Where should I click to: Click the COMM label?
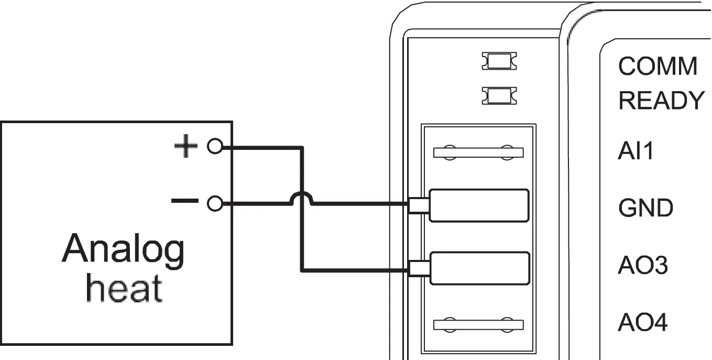click(x=658, y=67)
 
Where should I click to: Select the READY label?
click(x=661, y=101)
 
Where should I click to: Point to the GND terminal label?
click(x=645, y=209)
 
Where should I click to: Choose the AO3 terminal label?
click(x=643, y=266)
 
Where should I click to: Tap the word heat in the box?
click(x=124, y=289)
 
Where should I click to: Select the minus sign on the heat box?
click(x=185, y=201)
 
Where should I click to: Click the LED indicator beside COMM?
click(x=499, y=61)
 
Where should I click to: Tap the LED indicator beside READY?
click(x=499, y=95)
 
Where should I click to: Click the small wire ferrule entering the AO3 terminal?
click(x=419, y=268)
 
